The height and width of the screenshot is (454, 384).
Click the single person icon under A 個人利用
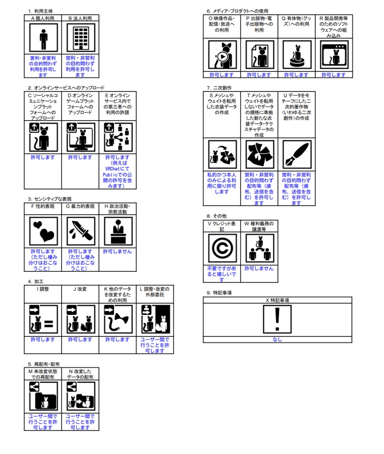point(43,38)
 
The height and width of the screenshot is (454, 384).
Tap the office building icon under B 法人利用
point(81,38)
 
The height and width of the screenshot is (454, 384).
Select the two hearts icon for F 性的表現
point(43,231)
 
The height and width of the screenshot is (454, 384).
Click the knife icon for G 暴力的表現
point(81,231)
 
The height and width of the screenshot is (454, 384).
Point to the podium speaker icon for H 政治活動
point(118,231)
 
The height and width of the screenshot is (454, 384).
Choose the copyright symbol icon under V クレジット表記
point(222,248)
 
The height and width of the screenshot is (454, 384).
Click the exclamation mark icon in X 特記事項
point(277,319)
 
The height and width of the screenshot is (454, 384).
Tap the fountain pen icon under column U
point(297,154)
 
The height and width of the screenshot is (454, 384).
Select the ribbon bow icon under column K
point(118,319)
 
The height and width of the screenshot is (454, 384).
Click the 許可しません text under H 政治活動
point(117,251)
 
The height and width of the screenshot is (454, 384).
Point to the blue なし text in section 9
point(277,339)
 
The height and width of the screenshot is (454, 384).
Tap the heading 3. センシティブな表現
point(50,199)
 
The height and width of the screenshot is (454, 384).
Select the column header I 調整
point(43,289)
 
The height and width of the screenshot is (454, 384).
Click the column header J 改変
point(80,289)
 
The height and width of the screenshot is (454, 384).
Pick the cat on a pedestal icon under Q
point(297,55)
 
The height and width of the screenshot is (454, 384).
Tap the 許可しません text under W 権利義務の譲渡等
point(259,268)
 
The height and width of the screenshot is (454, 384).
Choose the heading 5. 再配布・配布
point(44,364)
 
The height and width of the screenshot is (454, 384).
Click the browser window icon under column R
point(334,55)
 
